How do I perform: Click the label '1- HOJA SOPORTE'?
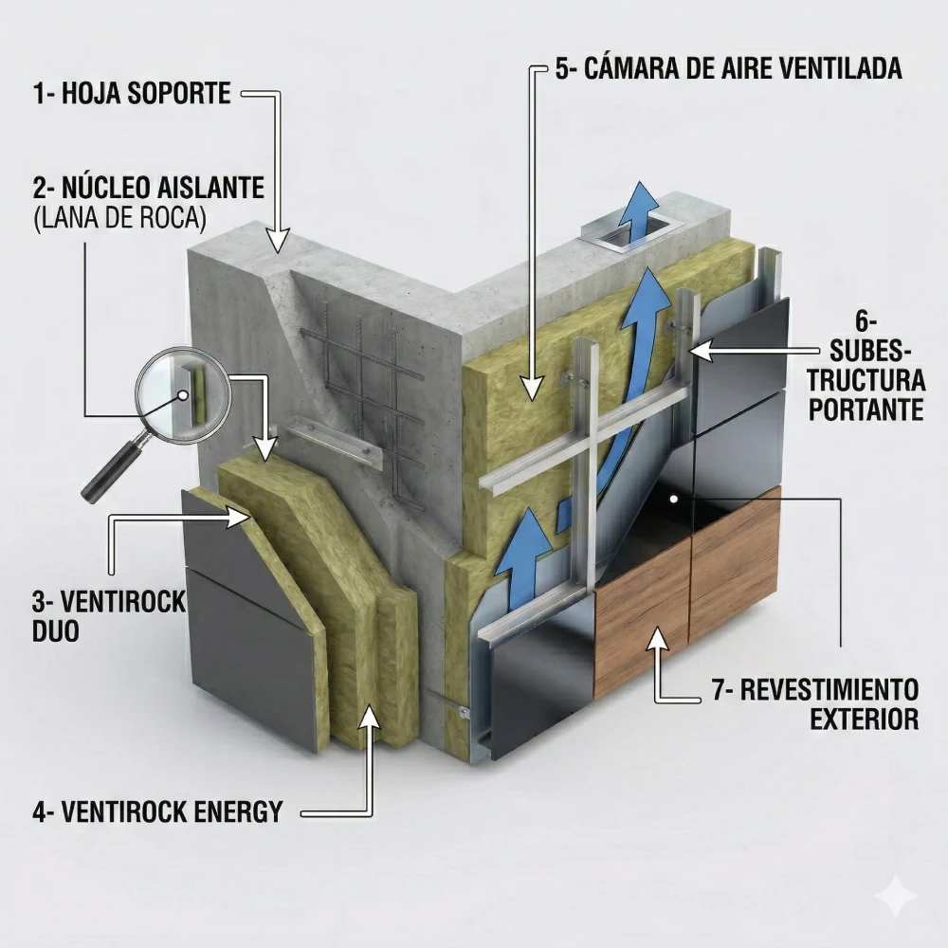(x=132, y=93)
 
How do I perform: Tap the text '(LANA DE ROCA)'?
(x=118, y=217)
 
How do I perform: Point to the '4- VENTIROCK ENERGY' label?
(x=157, y=811)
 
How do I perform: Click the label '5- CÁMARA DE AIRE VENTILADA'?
(x=727, y=69)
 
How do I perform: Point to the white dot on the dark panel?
(x=673, y=498)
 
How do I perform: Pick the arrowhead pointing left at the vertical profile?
(x=701, y=351)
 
